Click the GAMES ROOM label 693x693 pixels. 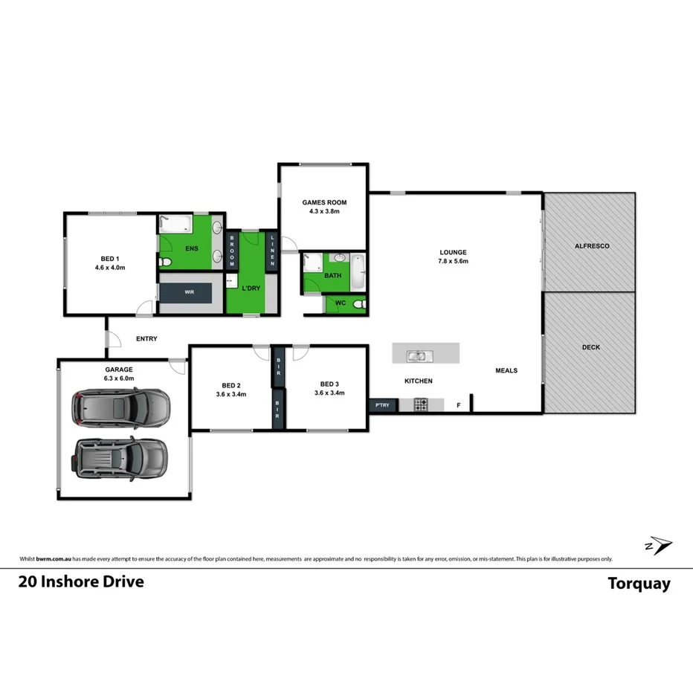[323, 202]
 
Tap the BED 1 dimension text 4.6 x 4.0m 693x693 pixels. [109, 267]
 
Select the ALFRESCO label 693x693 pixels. [592, 245]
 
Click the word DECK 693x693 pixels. [590, 347]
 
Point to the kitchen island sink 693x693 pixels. [417, 355]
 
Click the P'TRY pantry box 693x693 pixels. [382, 405]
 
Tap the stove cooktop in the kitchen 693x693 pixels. [420, 405]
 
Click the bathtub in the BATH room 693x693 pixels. [358, 273]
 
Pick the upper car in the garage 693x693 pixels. [120, 406]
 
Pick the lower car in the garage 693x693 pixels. [120, 457]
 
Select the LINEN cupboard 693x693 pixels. [273, 251]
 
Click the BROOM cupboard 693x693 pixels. [232, 251]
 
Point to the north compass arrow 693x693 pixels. [658, 546]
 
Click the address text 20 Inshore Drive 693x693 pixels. [81, 581]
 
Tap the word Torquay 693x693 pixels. [639, 584]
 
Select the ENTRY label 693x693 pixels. [146, 339]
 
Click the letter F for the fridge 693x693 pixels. [458, 405]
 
